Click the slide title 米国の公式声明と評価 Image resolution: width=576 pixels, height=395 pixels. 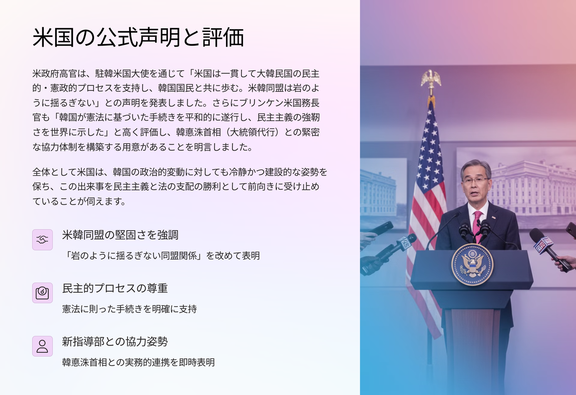(x=138, y=37)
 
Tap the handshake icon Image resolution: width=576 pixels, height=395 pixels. (x=42, y=240)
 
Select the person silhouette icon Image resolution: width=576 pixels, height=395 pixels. (x=42, y=346)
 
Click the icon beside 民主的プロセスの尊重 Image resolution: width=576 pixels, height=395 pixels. (x=42, y=293)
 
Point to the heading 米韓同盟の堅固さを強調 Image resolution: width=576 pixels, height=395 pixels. (x=120, y=235)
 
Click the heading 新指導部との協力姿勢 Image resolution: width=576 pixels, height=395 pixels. (x=115, y=342)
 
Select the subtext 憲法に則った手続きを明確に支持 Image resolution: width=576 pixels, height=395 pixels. (x=130, y=309)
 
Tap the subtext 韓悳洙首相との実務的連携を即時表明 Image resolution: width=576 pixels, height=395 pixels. (x=138, y=362)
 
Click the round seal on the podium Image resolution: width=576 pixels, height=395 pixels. (x=472, y=265)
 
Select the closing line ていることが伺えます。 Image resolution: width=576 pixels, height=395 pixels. (x=79, y=201)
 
